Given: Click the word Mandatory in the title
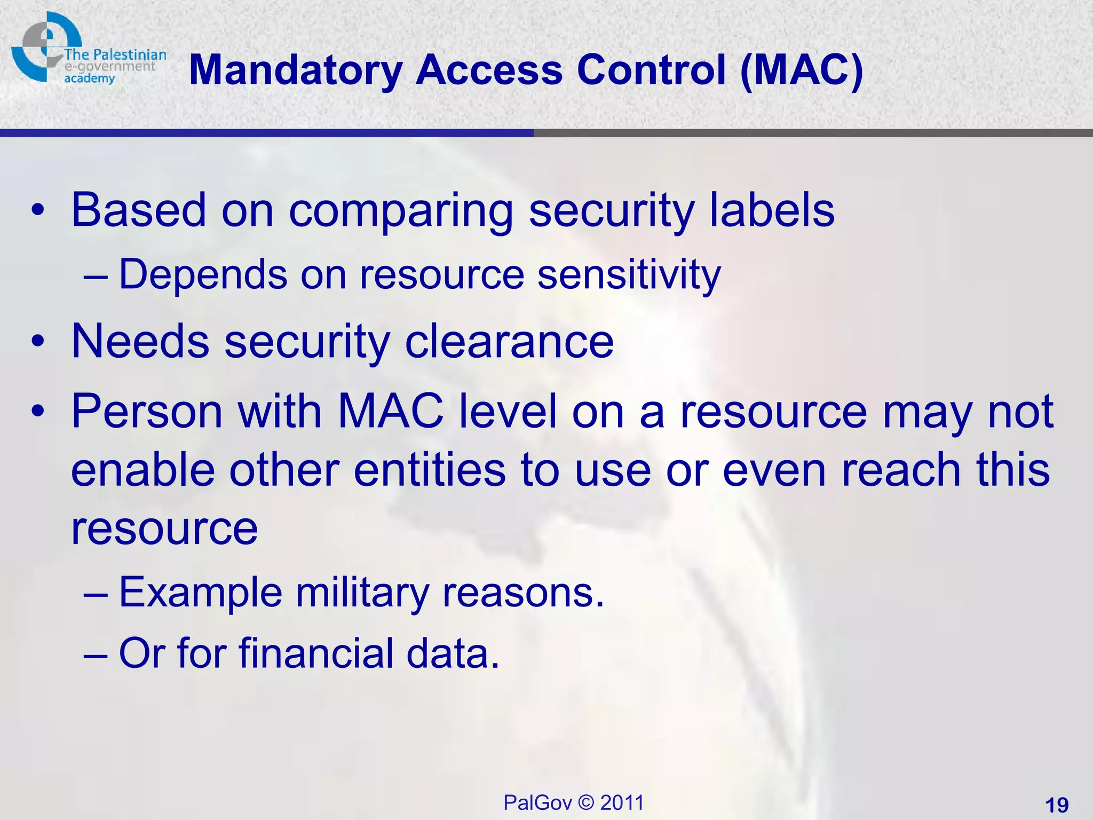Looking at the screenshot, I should pos(295,70).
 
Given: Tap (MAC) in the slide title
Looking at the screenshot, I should pos(802,70).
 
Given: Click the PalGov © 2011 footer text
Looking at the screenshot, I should pos(574,802).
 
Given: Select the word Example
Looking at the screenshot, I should pos(200,593).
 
